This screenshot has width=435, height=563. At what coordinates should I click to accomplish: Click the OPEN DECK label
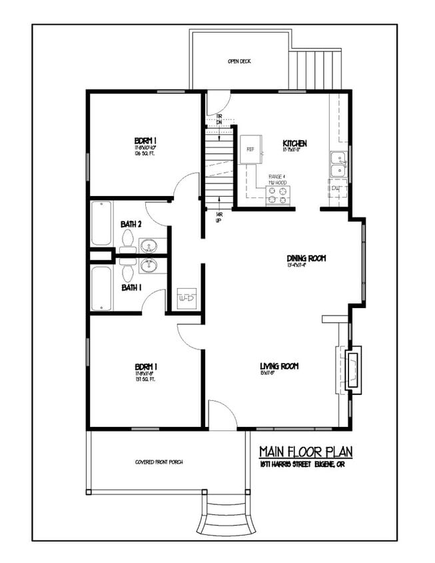[239, 61]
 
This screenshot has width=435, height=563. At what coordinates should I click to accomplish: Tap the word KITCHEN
[294, 143]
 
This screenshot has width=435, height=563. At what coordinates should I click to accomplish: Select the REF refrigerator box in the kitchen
[250, 149]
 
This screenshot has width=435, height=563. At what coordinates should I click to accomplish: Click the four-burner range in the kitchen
[279, 195]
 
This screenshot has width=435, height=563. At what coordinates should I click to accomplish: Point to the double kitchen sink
[338, 164]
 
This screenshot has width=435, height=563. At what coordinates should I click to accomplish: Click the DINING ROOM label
[306, 258]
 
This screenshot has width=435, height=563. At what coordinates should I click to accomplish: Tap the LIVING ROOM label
[278, 366]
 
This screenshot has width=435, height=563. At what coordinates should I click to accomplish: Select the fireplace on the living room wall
[354, 369]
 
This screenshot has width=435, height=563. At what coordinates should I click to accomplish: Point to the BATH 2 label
[131, 224]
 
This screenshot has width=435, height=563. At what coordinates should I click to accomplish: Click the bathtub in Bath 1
[101, 288]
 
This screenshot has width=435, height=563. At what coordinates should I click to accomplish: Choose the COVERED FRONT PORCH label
[159, 462]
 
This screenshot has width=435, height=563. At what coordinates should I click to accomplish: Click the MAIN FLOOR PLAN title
[304, 452]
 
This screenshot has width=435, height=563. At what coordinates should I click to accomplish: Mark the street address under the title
[304, 464]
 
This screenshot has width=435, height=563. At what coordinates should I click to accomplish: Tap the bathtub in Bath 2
[101, 223]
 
